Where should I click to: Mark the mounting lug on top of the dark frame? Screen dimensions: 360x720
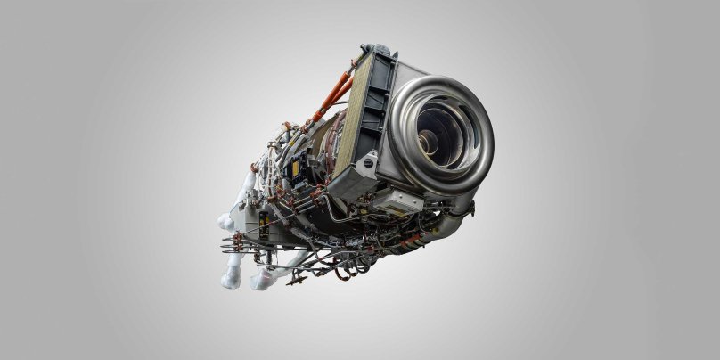[374, 49]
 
